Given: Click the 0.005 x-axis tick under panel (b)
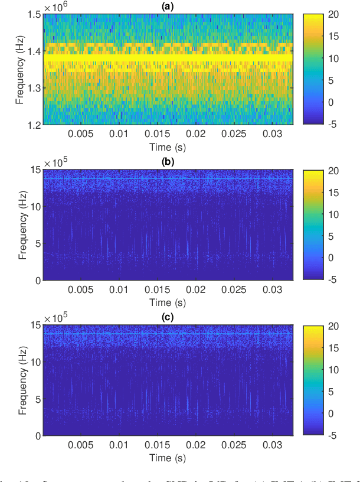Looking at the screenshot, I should coord(80,290).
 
